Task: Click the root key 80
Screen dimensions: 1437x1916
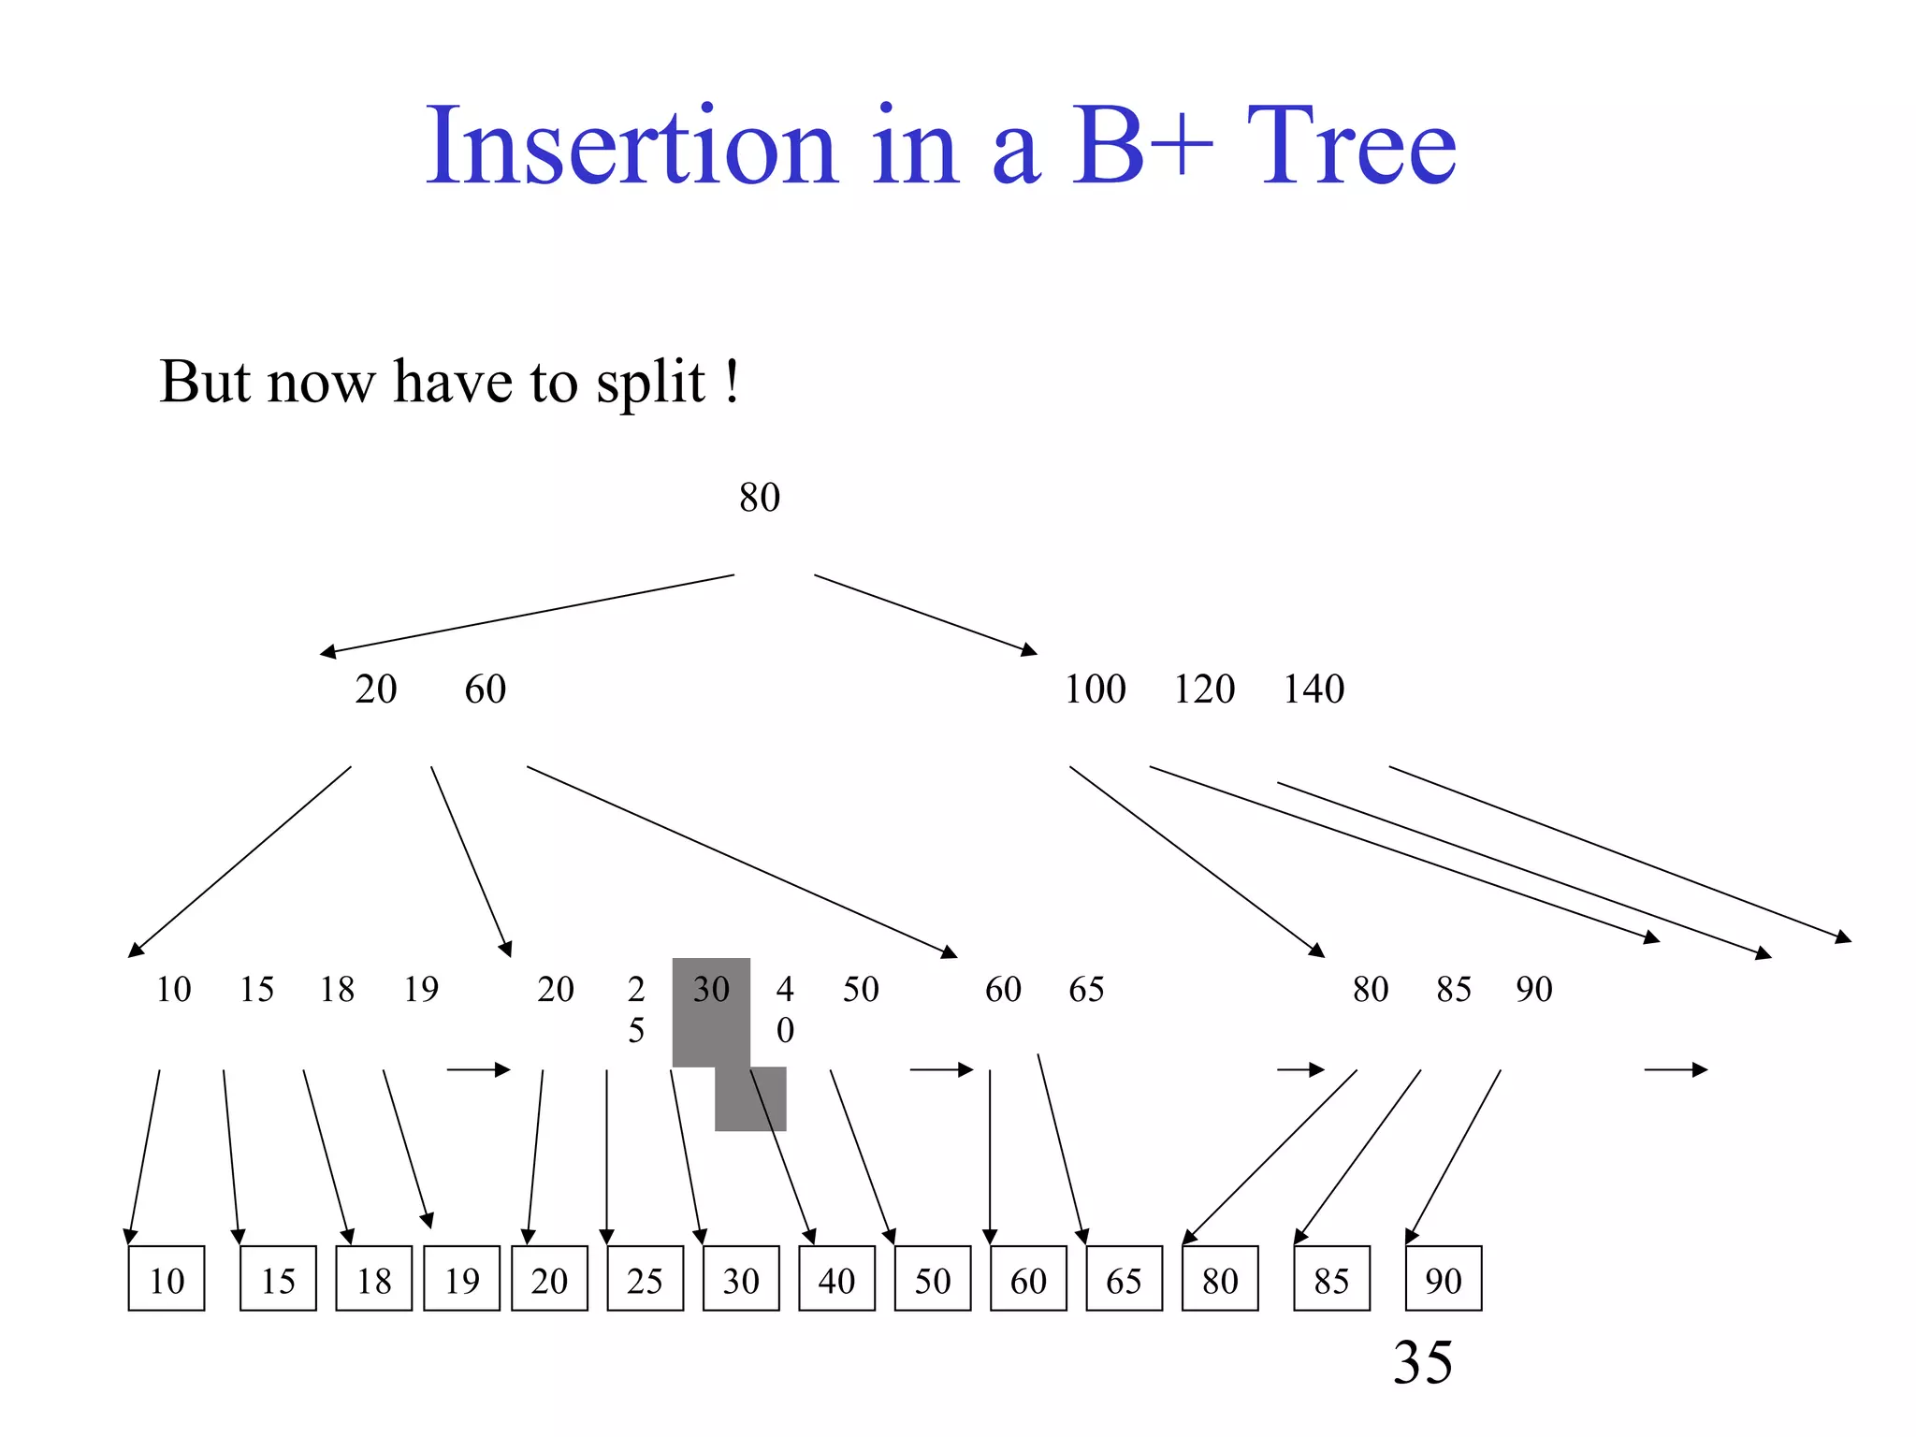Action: (759, 498)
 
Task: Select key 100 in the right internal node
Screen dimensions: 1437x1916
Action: (1095, 689)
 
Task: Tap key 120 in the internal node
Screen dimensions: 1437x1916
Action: (1204, 689)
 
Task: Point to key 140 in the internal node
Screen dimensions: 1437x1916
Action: (1314, 689)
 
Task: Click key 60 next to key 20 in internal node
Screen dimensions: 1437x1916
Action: (485, 689)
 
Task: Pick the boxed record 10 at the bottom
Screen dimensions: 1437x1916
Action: (167, 1279)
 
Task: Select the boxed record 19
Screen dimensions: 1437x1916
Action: (461, 1279)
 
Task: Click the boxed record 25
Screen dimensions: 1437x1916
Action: (645, 1279)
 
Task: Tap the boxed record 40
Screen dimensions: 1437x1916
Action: (836, 1279)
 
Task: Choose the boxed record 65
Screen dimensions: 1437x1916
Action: (1124, 1279)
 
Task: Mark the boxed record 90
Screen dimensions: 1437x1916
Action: (1444, 1279)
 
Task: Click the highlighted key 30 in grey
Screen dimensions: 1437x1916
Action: (711, 990)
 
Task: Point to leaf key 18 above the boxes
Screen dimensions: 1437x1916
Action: (337, 990)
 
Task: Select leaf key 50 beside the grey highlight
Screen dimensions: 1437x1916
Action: (861, 990)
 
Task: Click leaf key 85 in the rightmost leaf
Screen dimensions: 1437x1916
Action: (1454, 990)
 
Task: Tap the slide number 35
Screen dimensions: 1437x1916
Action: (1422, 1362)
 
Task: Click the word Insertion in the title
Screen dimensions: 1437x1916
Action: (631, 147)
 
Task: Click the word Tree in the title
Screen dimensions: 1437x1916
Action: (1351, 147)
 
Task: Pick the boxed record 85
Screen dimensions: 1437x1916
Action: (1331, 1279)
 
